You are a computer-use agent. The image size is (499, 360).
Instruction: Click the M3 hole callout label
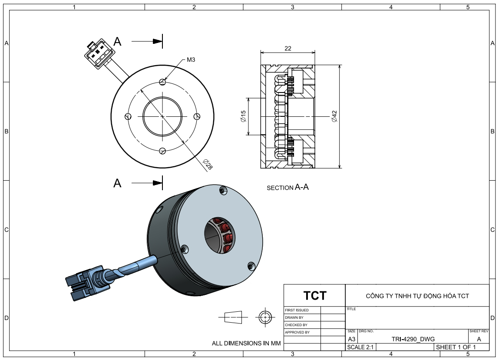(191, 59)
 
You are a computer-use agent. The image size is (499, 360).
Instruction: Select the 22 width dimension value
(288, 48)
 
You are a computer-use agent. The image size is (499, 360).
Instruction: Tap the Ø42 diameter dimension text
(334, 116)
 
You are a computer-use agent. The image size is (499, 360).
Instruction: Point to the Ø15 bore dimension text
(243, 116)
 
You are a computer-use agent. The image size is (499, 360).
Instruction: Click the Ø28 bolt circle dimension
(208, 164)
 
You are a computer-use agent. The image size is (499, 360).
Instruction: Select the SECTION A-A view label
(288, 188)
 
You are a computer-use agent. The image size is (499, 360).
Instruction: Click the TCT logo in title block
(315, 296)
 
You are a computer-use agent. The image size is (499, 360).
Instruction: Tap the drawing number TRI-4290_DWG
(413, 339)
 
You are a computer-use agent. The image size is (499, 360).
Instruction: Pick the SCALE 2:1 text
(360, 347)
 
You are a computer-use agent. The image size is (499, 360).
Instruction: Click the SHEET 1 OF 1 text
(456, 347)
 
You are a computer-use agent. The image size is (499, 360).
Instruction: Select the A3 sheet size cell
(352, 339)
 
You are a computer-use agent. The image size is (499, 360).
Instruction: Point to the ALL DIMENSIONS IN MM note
(246, 343)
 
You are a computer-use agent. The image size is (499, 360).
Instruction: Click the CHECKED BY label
(296, 325)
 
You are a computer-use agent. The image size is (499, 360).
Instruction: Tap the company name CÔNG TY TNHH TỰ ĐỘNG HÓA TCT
(417, 296)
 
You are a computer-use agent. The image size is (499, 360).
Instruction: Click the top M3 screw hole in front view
(162, 81)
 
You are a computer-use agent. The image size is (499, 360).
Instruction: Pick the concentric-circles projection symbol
(264, 317)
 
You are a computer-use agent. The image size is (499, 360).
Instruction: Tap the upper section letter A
(117, 42)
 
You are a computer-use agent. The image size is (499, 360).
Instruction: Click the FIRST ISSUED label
(297, 310)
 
